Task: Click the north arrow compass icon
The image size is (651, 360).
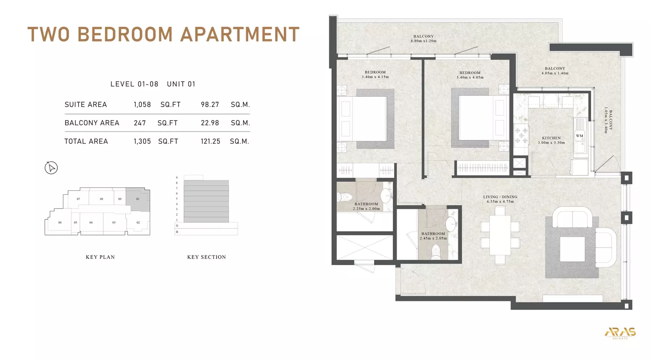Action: click(51, 168)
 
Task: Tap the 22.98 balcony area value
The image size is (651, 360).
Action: click(210, 123)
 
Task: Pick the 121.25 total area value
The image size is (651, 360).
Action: click(210, 141)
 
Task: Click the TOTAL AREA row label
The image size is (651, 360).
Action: click(86, 141)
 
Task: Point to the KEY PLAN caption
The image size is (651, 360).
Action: click(100, 257)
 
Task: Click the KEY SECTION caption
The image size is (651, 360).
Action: click(207, 257)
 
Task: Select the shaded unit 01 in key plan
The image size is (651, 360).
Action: click(138, 199)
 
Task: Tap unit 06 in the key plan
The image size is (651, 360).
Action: click(60, 223)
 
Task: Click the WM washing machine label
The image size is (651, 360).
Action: click(579, 136)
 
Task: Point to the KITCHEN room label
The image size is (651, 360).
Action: click(551, 138)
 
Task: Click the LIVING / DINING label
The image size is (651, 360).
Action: click(500, 197)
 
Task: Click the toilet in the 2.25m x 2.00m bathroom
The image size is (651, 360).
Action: click(346, 197)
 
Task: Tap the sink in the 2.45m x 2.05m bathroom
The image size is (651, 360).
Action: click(451, 225)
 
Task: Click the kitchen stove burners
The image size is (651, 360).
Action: click(521, 135)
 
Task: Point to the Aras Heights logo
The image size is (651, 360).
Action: click(620, 333)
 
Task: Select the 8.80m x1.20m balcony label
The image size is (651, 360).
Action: click(424, 39)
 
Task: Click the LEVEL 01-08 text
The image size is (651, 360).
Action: click(134, 84)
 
